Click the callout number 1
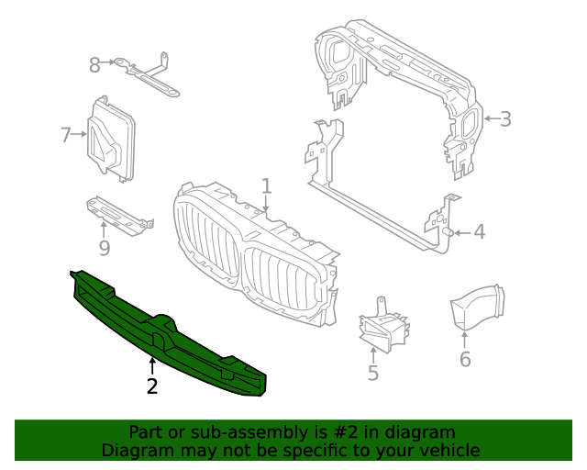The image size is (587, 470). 266,186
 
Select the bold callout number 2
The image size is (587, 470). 152,386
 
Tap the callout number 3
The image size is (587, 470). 505,118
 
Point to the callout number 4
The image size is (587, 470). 479,232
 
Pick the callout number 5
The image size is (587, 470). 373,373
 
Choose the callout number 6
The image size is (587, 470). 465,359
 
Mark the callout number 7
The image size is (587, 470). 65,135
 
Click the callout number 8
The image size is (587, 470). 94,64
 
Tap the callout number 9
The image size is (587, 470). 105,248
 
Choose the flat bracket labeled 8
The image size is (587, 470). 147,75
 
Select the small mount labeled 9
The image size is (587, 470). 117,214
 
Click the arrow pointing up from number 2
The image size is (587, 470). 152,366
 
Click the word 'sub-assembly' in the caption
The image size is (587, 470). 219,432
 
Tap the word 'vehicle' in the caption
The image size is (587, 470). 449,451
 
